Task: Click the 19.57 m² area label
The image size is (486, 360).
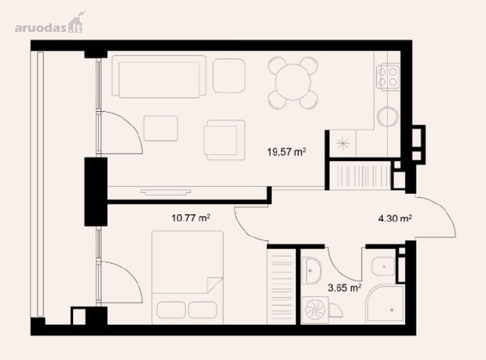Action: click(286, 152)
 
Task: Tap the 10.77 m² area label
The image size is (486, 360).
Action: click(191, 218)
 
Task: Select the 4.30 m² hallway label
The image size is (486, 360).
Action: click(395, 219)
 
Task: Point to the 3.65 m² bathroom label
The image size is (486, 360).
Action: click(344, 288)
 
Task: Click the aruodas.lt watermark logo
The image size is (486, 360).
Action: click(49, 23)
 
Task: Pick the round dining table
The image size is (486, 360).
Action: click(293, 82)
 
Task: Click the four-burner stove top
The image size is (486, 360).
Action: click(388, 77)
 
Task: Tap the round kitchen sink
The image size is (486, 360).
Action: click(388, 116)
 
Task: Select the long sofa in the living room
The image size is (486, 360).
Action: click(159, 76)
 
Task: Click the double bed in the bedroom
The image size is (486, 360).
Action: click(188, 277)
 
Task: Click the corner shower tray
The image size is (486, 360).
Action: click(385, 304)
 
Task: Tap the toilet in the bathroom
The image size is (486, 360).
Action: click(383, 266)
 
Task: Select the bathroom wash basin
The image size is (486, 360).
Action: click(312, 271)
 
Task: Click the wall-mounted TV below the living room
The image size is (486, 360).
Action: click(166, 192)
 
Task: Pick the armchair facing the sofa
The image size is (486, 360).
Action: click(224, 140)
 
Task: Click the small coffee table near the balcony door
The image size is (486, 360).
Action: click(161, 129)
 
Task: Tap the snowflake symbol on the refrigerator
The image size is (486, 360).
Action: click(343, 144)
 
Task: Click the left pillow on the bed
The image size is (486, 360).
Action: click(171, 310)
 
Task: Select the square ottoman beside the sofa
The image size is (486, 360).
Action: click(229, 76)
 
